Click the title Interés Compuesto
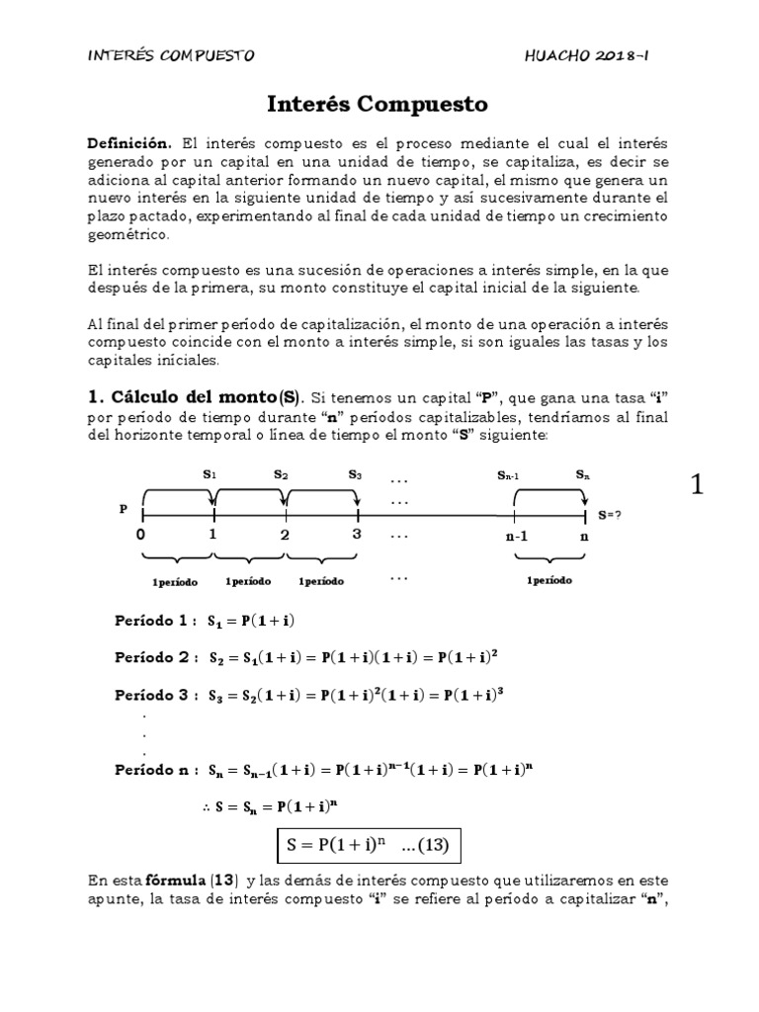pos(379,104)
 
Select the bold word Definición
pos(128,143)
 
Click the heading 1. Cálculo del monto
pos(193,372)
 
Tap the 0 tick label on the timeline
pos(141,535)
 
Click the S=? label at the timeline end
pos(610,515)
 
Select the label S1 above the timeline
pos(210,474)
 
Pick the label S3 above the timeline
pos(355,474)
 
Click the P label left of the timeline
pos(124,510)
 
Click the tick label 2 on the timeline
pos(285,535)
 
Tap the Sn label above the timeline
pos(584,474)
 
